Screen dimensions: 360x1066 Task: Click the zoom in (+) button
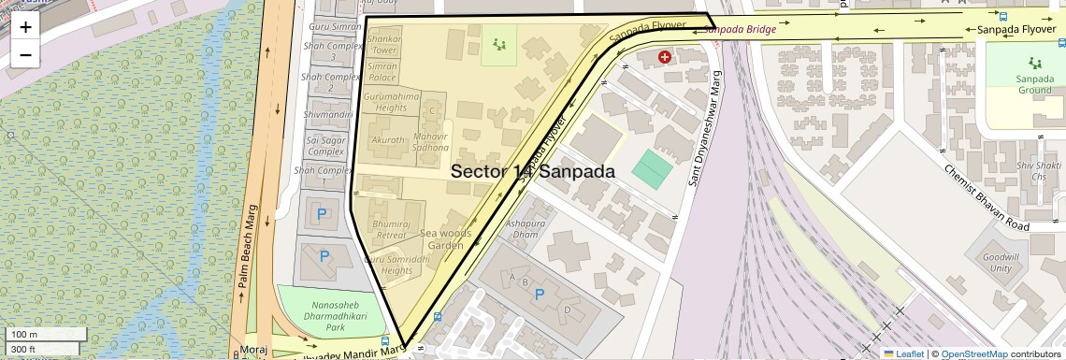(x=25, y=26)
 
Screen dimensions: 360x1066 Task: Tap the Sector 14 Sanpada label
(x=533, y=172)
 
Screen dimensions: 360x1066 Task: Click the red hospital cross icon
(x=665, y=57)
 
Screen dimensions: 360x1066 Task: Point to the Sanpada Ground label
(x=1034, y=85)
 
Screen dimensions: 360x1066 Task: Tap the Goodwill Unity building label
(x=1001, y=262)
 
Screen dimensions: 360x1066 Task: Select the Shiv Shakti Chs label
(x=1030, y=170)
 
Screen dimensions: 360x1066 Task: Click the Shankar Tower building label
(x=384, y=45)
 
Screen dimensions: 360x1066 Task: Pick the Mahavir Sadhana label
(x=431, y=142)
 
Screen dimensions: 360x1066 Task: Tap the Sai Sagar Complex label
(x=326, y=145)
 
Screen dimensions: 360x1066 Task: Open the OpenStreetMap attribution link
(x=973, y=353)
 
